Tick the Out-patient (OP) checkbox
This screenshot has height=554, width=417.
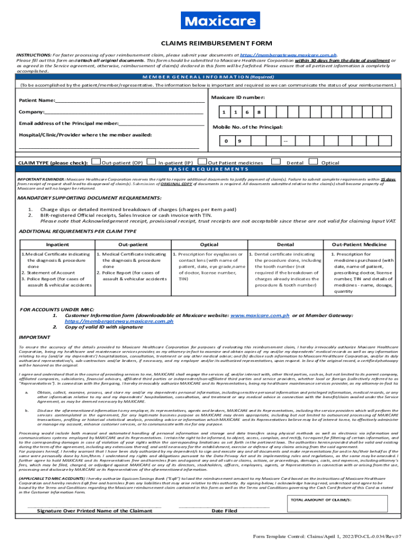(96, 161)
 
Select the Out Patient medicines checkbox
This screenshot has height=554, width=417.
(203, 161)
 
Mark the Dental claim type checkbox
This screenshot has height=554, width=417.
(276, 161)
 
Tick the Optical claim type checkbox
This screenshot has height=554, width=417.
(312, 161)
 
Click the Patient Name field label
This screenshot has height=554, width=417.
(37, 101)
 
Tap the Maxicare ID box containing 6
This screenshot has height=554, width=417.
(247, 113)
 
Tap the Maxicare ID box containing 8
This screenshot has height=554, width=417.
(259, 113)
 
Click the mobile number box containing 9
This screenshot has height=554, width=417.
(239, 142)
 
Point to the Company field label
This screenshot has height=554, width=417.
(31, 112)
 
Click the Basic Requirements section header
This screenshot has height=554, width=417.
(208, 169)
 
